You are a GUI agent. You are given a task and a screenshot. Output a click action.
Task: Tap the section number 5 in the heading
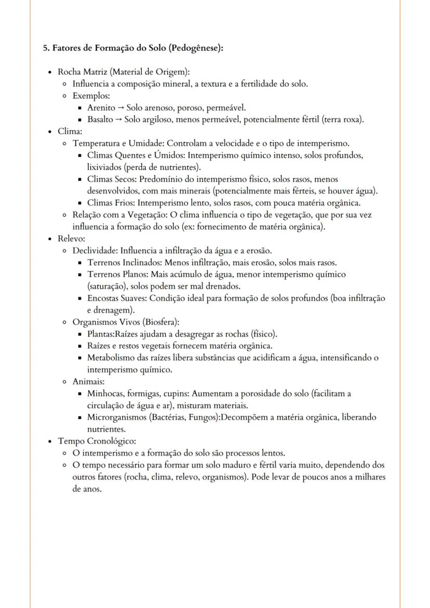[45, 48]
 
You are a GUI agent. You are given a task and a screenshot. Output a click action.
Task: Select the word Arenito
[101, 108]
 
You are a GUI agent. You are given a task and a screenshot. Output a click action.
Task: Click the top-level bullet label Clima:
[66, 132]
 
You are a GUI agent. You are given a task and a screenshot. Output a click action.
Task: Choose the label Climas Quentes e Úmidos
[136, 155]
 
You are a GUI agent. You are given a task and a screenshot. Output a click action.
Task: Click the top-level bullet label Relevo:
[69, 239]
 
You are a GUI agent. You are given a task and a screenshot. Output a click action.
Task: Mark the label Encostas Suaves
[113, 298]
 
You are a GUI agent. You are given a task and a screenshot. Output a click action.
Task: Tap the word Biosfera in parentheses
[160, 322]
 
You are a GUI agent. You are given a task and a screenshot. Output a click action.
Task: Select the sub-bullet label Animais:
[88, 382]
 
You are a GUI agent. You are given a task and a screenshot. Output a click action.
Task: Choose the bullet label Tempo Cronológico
[97, 441]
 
